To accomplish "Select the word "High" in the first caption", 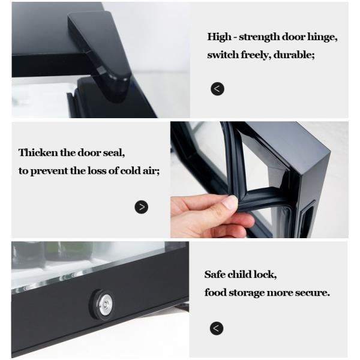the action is (x=219, y=37).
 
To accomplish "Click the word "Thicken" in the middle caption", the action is (x=38, y=152).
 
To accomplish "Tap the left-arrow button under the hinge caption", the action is (x=217, y=89).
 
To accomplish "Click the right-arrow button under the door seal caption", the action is (x=141, y=207).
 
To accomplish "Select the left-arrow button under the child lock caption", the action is (x=216, y=328).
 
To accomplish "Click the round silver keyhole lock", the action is (x=105, y=304).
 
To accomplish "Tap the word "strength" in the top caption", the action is (x=259, y=37).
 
